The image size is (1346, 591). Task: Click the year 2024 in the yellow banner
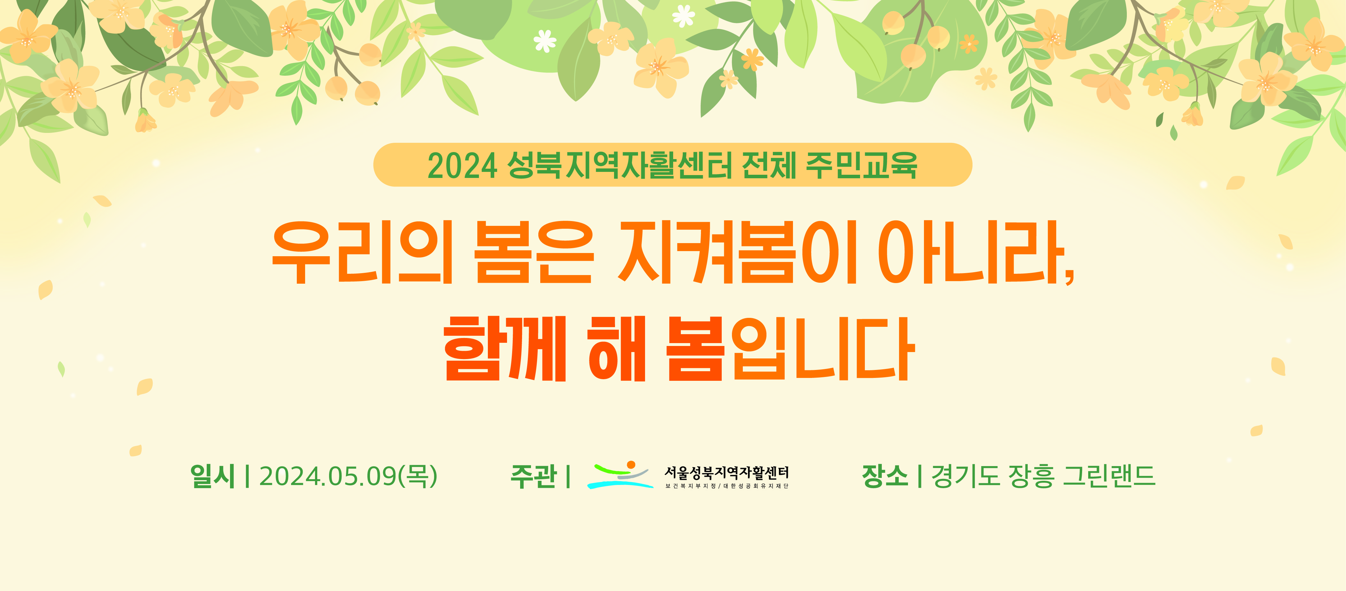[462, 166]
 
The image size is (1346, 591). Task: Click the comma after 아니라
[1069, 275]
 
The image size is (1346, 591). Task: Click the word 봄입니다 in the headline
[790, 349]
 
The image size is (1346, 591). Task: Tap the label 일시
[213, 476]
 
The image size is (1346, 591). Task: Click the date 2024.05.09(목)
[348, 476]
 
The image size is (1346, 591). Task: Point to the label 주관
[533, 476]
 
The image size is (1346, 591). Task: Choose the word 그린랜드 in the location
[1109, 476]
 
